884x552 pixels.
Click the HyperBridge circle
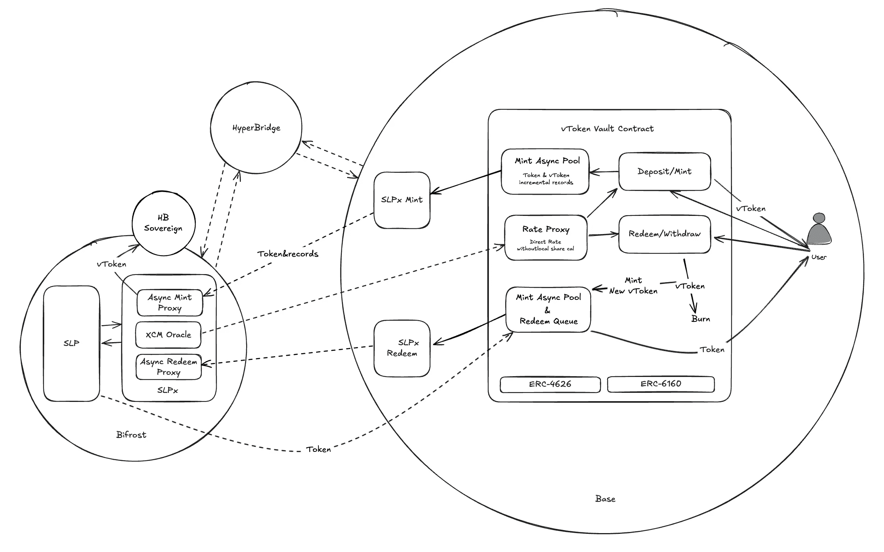pyautogui.click(x=256, y=128)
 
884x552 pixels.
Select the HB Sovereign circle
pyautogui.click(x=163, y=223)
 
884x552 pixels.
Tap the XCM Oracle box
pyautogui.click(x=168, y=335)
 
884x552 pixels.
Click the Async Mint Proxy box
pyautogui.click(x=170, y=302)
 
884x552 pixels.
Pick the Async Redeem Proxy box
pyautogui.click(x=169, y=367)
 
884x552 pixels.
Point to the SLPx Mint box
pyautogui.click(x=402, y=200)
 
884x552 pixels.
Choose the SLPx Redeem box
pyautogui.click(x=402, y=348)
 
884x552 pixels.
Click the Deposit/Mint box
pyautogui.click(x=664, y=171)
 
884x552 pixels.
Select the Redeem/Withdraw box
pyautogui.click(x=664, y=234)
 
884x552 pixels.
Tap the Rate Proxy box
pyautogui.click(x=546, y=237)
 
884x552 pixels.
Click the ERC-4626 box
pyautogui.click(x=550, y=384)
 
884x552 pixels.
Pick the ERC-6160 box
pyautogui.click(x=661, y=384)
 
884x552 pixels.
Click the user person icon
pyautogui.click(x=819, y=229)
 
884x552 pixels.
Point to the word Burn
pyautogui.click(x=700, y=319)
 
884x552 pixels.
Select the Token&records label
pyautogui.click(x=288, y=254)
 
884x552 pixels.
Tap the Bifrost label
pyautogui.click(x=131, y=435)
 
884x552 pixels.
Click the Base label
pyautogui.click(x=605, y=499)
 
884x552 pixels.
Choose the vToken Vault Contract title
pyautogui.click(x=607, y=129)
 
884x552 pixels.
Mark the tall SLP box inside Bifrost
pyautogui.click(x=71, y=343)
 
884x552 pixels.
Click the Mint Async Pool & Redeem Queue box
pyautogui.click(x=548, y=309)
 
